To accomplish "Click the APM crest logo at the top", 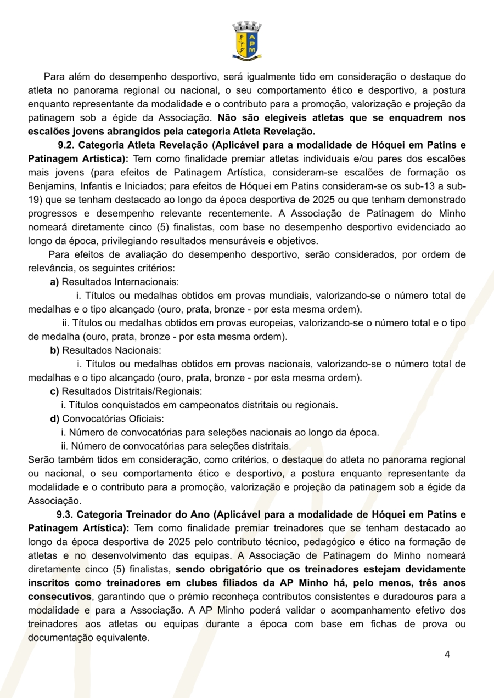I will (246, 41).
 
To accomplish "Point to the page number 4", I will (447, 655).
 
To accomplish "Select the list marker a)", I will (54, 282).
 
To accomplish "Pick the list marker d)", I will (54, 419).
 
